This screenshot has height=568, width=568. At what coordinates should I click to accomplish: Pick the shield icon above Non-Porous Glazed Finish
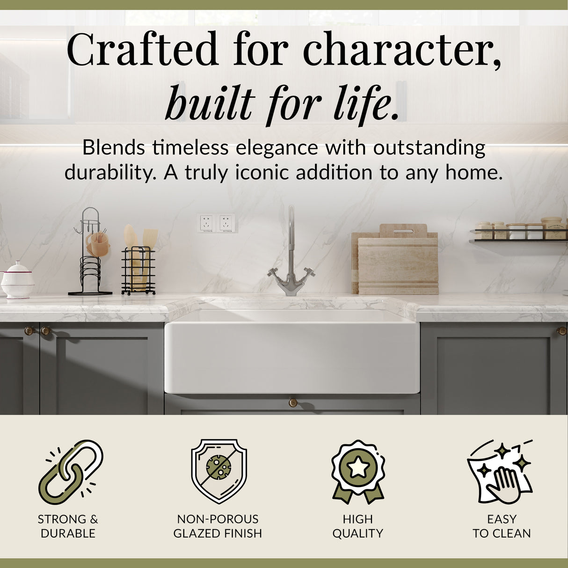(x=218, y=470)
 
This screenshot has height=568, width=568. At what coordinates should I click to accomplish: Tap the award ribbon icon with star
(x=358, y=470)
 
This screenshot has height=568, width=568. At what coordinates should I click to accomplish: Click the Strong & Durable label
(x=68, y=526)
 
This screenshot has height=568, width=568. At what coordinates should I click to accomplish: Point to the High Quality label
(x=358, y=526)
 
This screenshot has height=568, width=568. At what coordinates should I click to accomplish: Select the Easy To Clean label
(x=502, y=526)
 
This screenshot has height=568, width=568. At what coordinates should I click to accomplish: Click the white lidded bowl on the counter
(x=17, y=280)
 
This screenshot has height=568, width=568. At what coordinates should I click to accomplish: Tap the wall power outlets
(x=217, y=223)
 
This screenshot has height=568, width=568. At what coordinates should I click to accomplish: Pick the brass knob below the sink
(x=292, y=402)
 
